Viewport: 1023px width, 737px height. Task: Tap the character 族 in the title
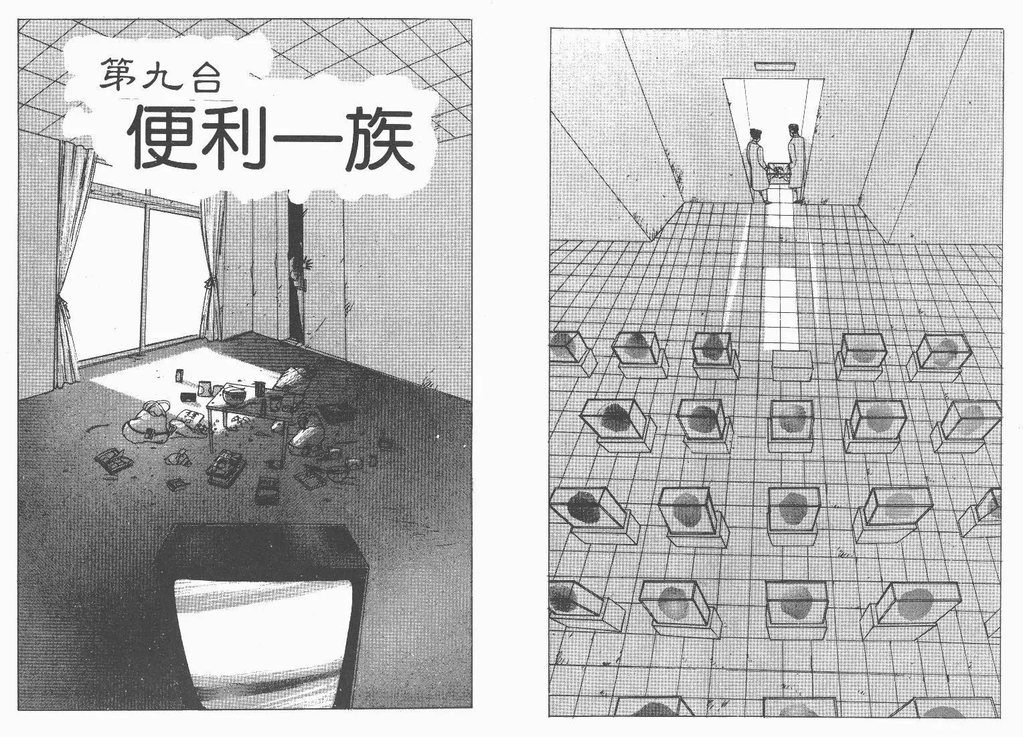click(x=380, y=139)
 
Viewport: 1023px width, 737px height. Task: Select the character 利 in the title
click(x=234, y=139)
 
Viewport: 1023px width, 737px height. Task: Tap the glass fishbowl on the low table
click(x=234, y=395)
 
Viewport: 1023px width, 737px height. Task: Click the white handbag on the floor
click(x=147, y=421)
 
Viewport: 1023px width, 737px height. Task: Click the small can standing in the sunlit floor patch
click(x=178, y=376)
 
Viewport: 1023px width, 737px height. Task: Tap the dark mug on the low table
click(x=259, y=389)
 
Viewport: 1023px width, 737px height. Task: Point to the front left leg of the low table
click(x=212, y=429)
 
